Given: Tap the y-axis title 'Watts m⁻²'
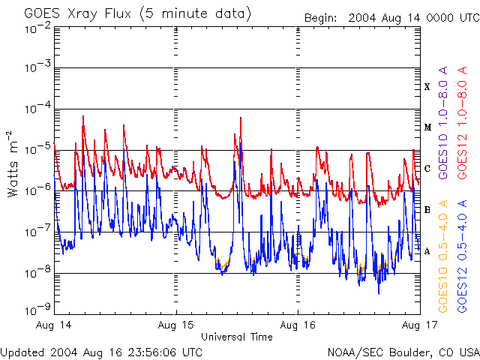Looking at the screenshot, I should [x=13, y=163].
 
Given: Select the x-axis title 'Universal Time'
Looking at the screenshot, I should [x=236, y=337].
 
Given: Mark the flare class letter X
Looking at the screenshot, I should [x=427, y=87].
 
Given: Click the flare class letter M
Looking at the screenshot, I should [x=427, y=127].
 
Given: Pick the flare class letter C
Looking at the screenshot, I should [x=427, y=168].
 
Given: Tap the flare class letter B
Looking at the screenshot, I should [x=427, y=209].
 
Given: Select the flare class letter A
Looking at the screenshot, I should [x=427, y=250].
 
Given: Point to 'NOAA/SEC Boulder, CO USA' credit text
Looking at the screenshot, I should [x=403, y=352].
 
